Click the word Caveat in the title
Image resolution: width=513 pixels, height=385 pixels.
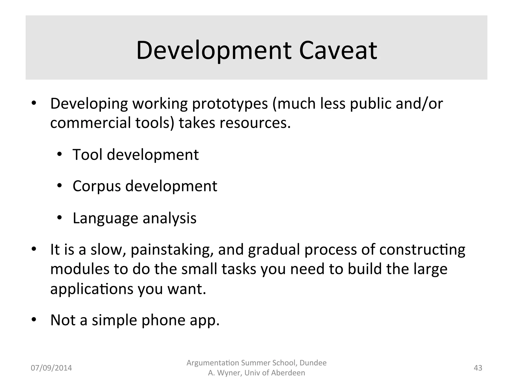click(338, 51)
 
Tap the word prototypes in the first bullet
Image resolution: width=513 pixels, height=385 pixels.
click(230, 104)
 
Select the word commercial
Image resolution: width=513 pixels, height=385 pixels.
click(90, 123)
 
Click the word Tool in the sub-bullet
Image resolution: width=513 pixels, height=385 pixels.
click(87, 155)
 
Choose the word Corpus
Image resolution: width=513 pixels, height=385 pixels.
click(97, 186)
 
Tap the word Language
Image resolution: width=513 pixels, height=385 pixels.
click(105, 218)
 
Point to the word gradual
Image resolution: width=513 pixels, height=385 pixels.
click(274, 250)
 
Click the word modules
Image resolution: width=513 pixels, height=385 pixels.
click(80, 269)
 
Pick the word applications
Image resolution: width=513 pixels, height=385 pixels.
click(92, 289)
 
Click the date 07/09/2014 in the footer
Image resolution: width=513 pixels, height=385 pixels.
click(51, 368)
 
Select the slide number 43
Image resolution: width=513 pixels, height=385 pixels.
click(478, 368)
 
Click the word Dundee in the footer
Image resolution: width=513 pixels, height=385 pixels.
click(313, 363)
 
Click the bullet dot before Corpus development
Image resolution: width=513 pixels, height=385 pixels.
click(59, 186)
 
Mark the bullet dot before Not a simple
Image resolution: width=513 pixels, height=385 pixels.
click(34, 320)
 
